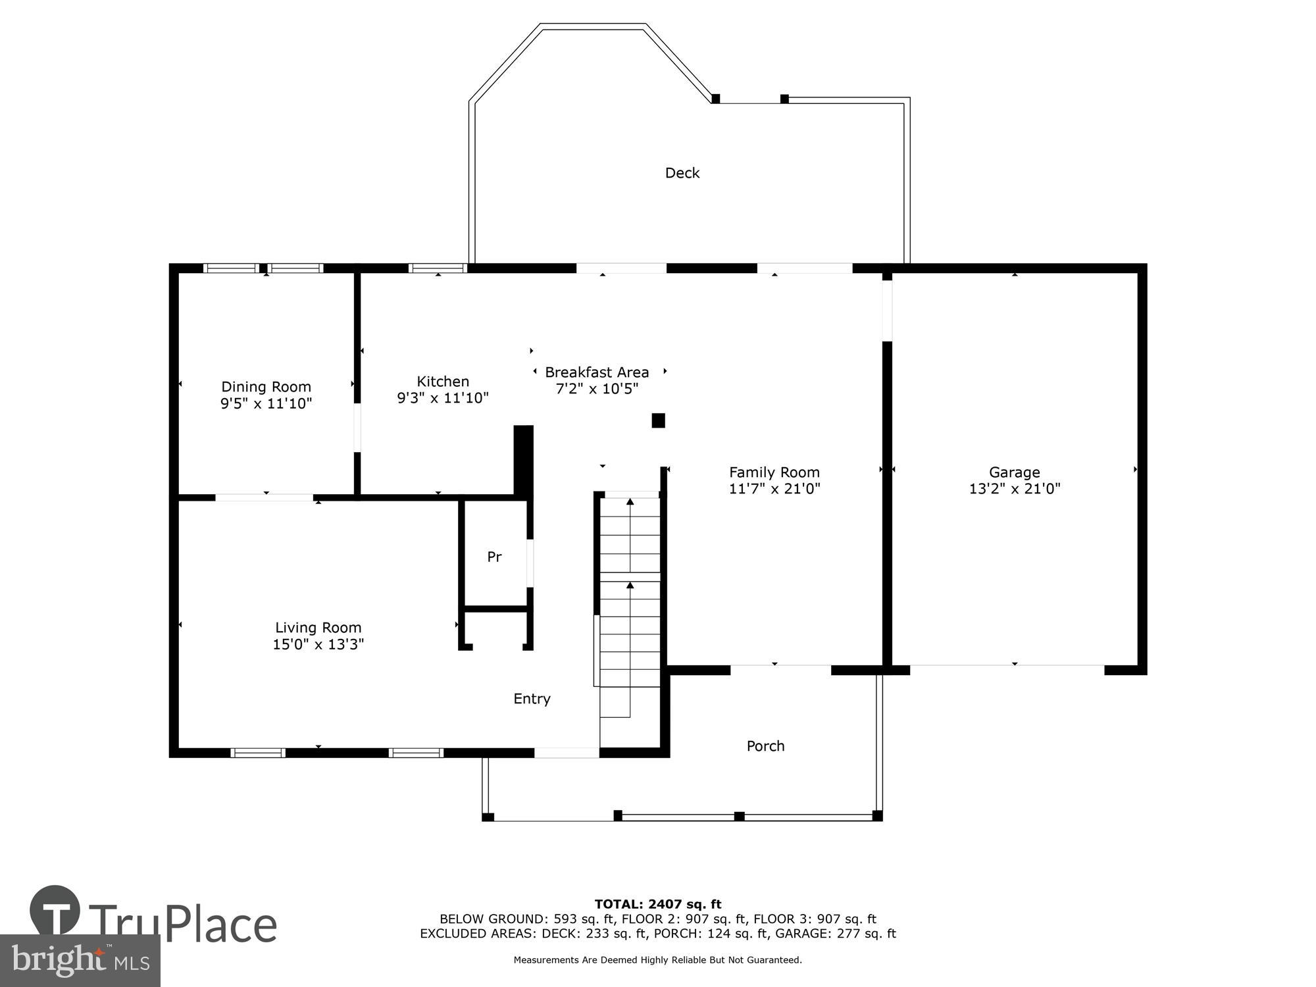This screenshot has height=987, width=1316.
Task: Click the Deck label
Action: (682, 173)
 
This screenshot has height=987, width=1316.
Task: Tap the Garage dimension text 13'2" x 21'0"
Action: (1014, 489)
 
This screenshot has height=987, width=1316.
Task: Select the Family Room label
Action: (774, 472)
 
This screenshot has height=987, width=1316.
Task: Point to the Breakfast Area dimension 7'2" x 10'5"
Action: (597, 389)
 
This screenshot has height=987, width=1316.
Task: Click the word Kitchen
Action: (443, 382)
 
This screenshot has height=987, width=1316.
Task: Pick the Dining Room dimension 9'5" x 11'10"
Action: (266, 403)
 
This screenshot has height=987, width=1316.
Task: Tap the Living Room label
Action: (318, 628)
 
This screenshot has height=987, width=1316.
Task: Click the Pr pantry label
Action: (494, 557)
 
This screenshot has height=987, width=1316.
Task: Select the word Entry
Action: (532, 699)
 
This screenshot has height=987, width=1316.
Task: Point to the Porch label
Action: (765, 746)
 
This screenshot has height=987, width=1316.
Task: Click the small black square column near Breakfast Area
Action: (658, 420)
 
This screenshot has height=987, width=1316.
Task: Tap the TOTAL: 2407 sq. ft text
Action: (657, 904)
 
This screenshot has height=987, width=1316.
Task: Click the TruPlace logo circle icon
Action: (55, 911)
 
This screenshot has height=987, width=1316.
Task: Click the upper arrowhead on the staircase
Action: (630, 502)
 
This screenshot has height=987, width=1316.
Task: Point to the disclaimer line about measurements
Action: (657, 960)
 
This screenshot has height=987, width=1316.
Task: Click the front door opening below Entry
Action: (567, 753)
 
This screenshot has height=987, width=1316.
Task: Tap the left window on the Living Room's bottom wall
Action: (258, 753)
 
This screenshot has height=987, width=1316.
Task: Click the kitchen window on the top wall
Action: (438, 268)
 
